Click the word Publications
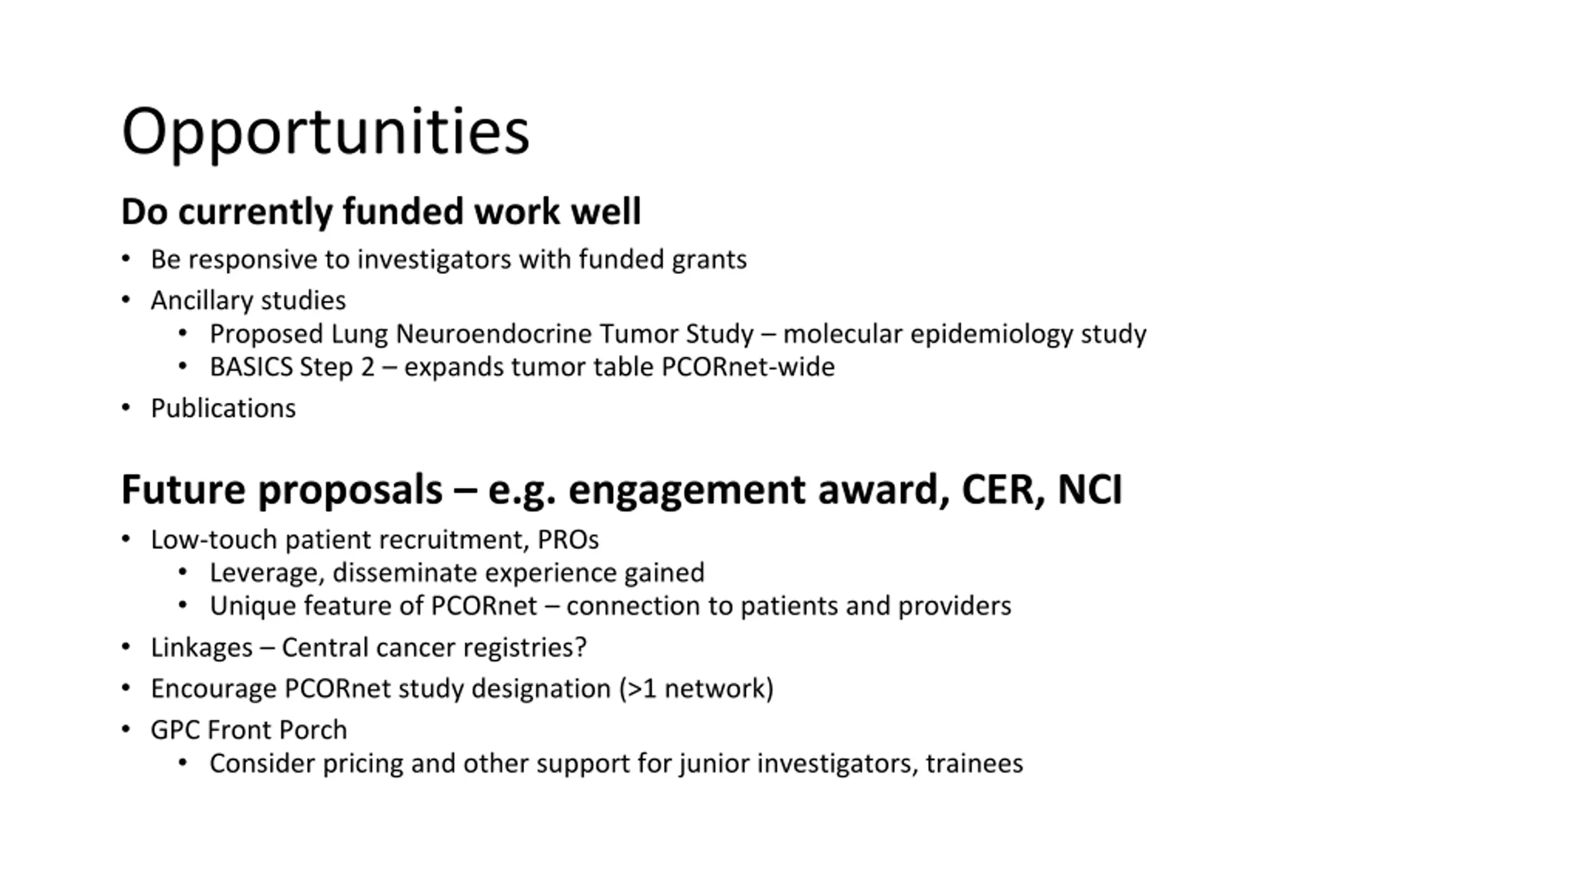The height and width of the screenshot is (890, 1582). coord(223,409)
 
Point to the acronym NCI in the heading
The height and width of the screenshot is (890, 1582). coord(1089,489)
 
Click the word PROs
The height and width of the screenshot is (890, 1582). coord(568,540)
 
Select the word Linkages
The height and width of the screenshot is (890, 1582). coord(201,648)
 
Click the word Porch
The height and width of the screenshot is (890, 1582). coord(313,730)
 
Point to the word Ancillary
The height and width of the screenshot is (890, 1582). coord(198,301)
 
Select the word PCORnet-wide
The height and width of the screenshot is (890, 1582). coord(748,367)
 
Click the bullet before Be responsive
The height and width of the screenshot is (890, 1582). coord(126,260)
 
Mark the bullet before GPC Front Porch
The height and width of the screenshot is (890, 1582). coord(126,730)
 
